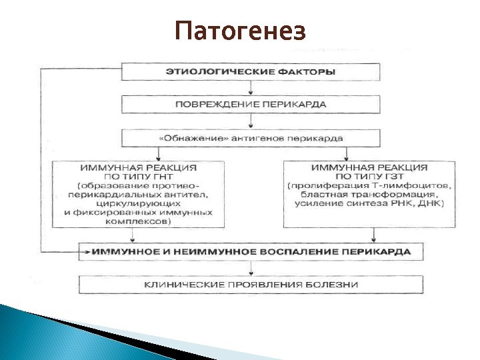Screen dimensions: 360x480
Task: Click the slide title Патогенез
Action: point(240,31)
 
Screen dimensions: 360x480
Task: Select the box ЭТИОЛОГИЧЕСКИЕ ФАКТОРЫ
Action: point(251,71)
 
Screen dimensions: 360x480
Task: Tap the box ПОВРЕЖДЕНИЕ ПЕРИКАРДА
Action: point(251,104)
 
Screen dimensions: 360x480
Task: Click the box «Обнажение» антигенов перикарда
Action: point(251,138)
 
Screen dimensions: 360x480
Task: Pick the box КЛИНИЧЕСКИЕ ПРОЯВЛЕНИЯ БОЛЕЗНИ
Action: point(251,285)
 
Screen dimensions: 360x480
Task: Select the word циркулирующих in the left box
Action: point(138,203)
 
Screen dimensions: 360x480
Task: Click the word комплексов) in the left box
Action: point(138,221)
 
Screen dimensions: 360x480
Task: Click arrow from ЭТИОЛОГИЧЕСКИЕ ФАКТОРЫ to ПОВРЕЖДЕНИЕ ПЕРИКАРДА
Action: point(251,88)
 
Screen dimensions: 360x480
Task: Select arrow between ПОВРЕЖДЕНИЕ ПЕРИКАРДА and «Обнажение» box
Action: point(251,121)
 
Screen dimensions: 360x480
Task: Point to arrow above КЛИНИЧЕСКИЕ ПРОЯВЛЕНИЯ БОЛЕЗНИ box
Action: point(251,269)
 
